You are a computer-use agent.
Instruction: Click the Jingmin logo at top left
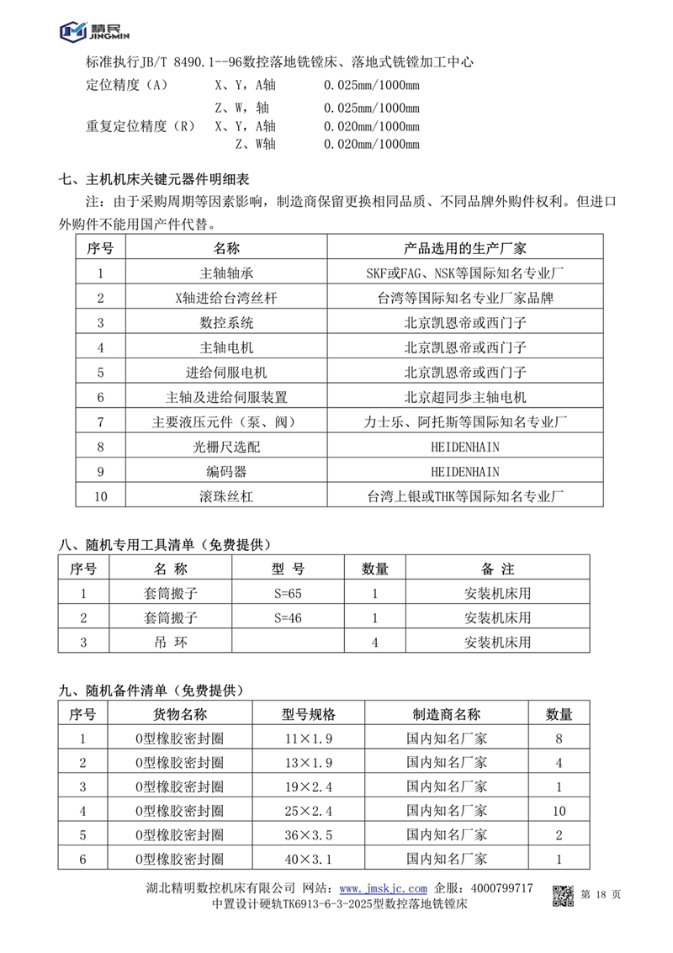point(90,32)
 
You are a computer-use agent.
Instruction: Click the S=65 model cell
point(287,593)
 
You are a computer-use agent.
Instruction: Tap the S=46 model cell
point(287,618)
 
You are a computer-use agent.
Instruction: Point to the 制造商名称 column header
point(447,715)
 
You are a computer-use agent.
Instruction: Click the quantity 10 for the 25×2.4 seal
point(559,812)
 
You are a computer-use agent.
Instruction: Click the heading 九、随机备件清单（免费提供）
point(151,690)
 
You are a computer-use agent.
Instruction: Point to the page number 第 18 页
point(601,895)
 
